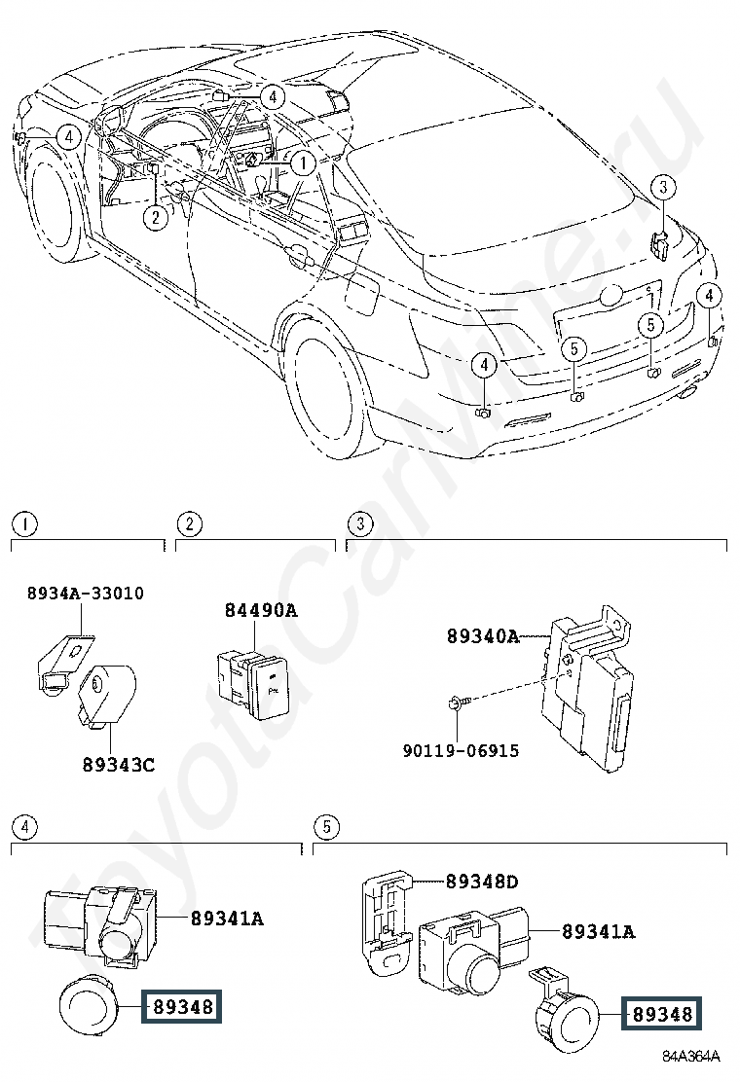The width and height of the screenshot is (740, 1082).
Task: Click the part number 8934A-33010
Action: tap(86, 593)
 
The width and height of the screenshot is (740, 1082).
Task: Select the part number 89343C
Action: tap(119, 765)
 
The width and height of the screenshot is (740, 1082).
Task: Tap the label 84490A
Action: tap(261, 610)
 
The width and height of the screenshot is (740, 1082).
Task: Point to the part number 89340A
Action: tap(483, 635)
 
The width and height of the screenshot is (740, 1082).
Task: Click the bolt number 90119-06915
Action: tap(462, 750)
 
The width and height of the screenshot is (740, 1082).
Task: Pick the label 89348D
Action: tap(482, 882)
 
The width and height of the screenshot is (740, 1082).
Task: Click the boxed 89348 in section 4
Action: tap(182, 1007)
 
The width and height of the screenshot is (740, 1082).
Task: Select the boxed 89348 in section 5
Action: tap(662, 1014)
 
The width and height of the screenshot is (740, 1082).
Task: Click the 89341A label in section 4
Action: tap(227, 919)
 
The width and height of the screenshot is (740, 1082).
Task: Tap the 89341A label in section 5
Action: tap(599, 931)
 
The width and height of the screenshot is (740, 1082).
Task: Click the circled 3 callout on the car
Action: tap(663, 186)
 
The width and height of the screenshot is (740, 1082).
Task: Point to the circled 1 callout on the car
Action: tap(303, 163)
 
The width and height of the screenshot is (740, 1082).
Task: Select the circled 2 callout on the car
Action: tap(156, 217)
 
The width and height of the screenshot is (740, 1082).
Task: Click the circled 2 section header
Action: tap(190, 524)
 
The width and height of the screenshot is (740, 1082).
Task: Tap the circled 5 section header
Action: tap(326, 827)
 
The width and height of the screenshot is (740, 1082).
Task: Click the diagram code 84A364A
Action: tap(691, 1057)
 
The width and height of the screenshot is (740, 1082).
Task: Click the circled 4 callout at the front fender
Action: tap(68, 136)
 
